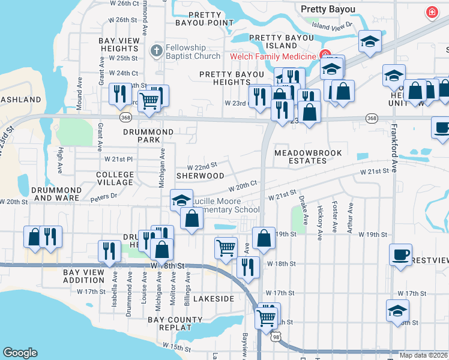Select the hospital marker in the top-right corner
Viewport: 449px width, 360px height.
[x=431, y=12]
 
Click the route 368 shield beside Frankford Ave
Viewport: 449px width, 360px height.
[x=372, y=119]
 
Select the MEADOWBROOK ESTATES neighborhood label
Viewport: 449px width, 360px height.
[x=308, y=157]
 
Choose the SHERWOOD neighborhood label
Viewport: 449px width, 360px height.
[x=200, y=176]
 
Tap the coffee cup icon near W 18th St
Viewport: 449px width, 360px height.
[x=400, y=254]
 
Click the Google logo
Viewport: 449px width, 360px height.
[x=20, y=353]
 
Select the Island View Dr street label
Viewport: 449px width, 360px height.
[x=333, y=26]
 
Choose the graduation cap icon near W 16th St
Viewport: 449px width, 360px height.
[x=397, y=311]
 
